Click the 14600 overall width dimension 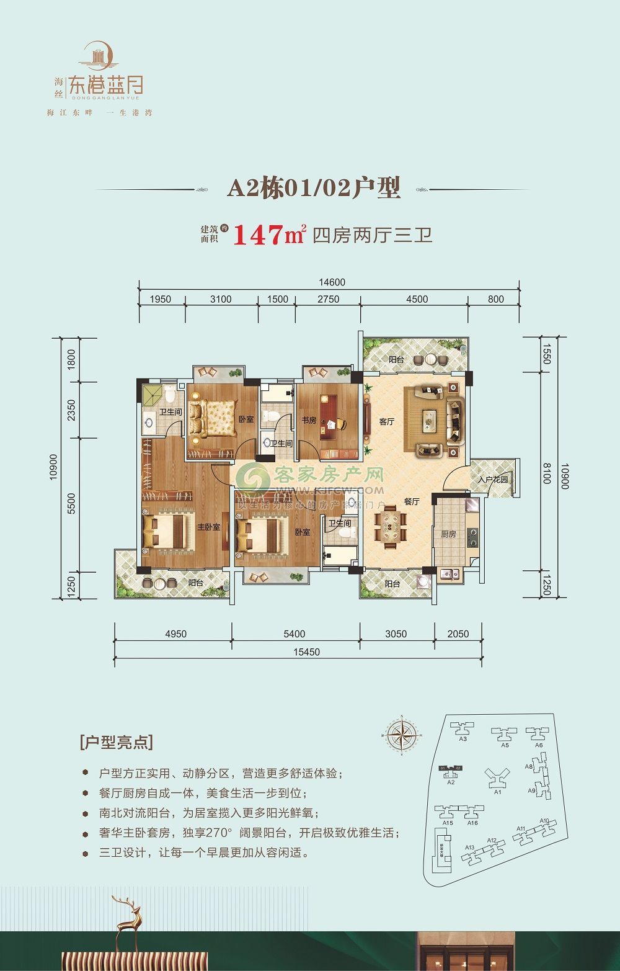coord(332,282)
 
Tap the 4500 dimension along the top coord(417,299)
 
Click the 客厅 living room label coord(387,422)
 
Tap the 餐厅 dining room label coord(412,501)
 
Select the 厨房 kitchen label coord(448,534)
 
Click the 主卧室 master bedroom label coord(208,527)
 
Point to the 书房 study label coord(309,420)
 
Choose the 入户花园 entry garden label coord(493,480)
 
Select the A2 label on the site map coord(451,782)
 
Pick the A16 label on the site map coord(472,823)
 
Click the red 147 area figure coord(257,236)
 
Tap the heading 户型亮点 coord(117,742)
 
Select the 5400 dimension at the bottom coord(294,634)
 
